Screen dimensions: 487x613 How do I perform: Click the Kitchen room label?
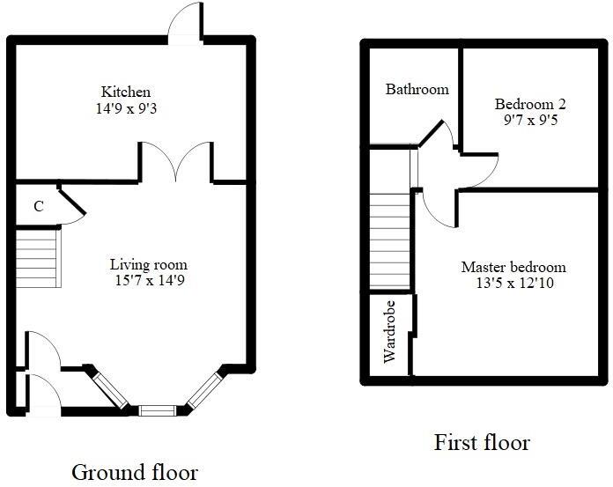[x=126, y=92]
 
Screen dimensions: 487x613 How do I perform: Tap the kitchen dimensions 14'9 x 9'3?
[x=126, y=109]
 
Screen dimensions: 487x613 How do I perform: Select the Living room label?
[x=148, y=264]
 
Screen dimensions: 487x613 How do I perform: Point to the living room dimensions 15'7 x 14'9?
[x=148, y=281]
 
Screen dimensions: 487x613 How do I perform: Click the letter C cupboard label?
[x=38, y=207]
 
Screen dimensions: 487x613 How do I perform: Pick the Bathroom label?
[x=417, y=89]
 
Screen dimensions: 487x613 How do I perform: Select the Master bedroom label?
[x=513, y=267]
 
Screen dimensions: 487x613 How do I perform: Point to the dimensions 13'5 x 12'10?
[x=513, y=284]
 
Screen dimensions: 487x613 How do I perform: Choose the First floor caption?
[x=482, y=442]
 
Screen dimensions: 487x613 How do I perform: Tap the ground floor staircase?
[x=38, y=257]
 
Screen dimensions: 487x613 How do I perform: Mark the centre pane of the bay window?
[x=158, y=410]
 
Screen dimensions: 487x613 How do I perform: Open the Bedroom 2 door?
[x=479, y=169]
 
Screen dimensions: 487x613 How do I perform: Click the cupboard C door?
[x=72, y=203]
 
